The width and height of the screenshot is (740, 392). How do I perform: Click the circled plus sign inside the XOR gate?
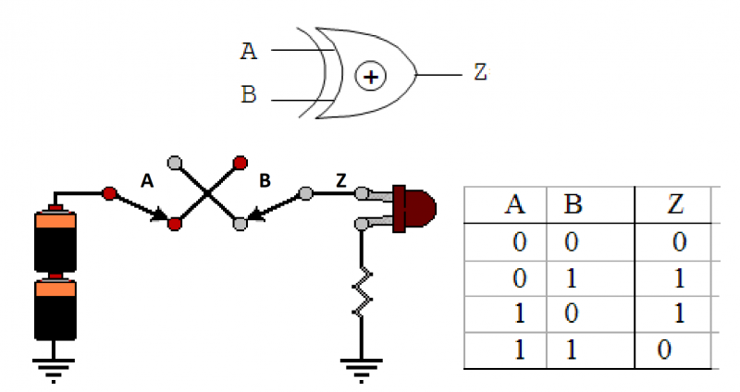click(x=371, y=77)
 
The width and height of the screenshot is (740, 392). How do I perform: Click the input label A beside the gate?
click(x=248, y=51)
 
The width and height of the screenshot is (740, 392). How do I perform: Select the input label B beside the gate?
click(x=248, y=96)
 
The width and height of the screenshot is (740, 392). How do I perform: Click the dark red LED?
click(x=415, y=208)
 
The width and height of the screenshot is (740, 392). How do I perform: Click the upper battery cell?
click(x=56, y=241)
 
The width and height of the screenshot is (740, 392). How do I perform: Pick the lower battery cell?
click(x=56, y=310)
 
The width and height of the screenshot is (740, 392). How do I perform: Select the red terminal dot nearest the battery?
click(x=109, y=194)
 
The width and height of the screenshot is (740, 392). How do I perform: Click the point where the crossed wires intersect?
click(x=207, y=193)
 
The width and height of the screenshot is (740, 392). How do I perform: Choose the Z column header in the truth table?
click(x=675, y=204)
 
